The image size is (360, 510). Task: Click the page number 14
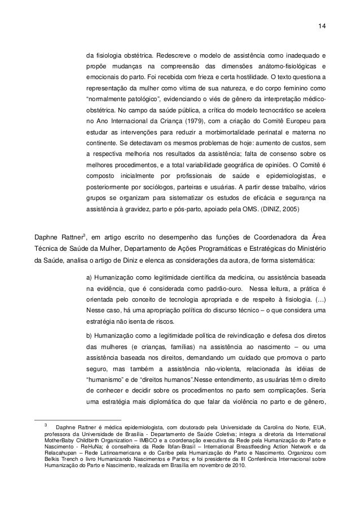point(322,26)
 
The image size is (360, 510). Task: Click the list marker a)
point(89,276)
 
